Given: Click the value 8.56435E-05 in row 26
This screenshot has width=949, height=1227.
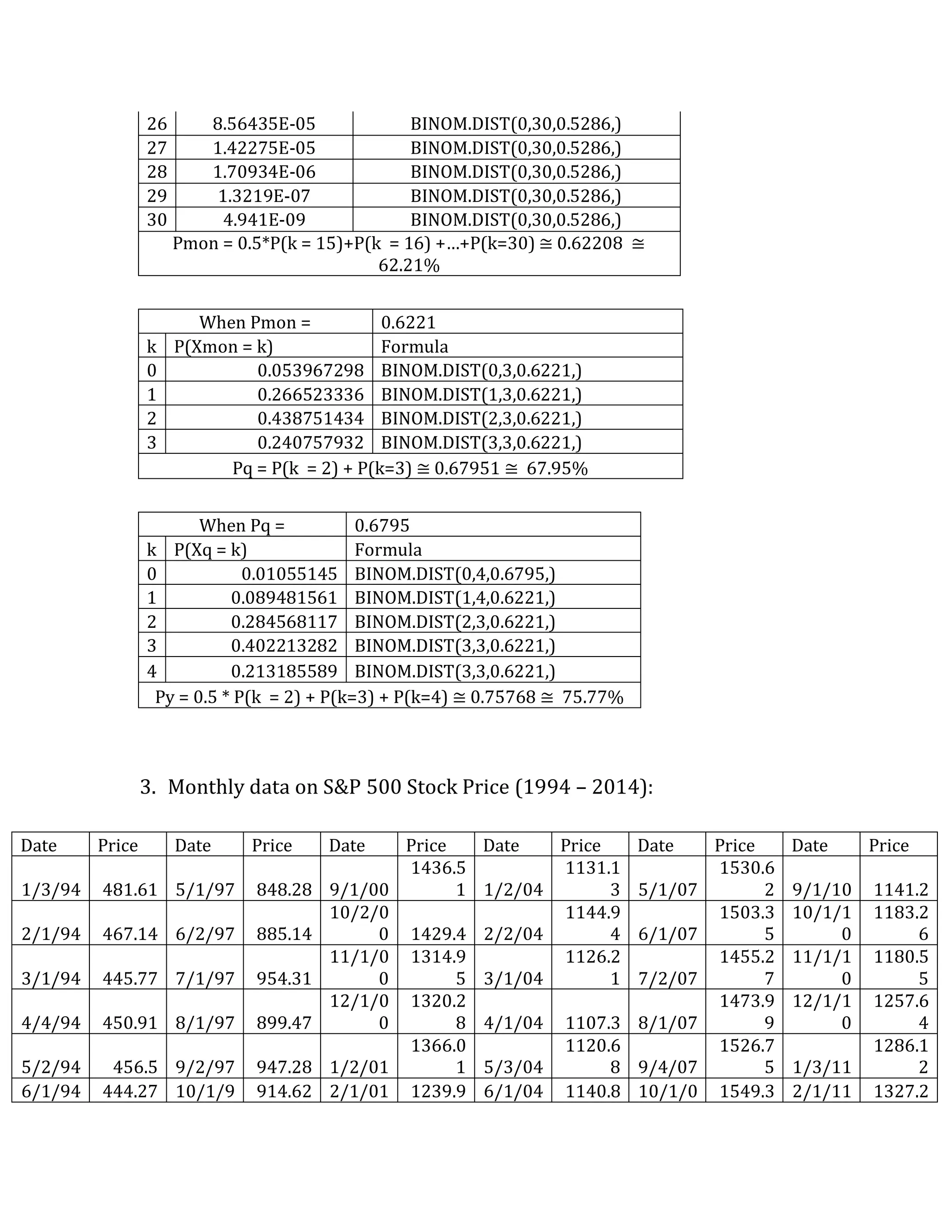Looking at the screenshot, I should (264, 124).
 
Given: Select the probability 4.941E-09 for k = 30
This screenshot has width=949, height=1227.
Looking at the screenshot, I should (264, 219).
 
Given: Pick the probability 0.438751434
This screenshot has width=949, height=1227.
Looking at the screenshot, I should (310, 419).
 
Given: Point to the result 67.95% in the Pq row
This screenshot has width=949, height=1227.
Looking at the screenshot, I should (557, 468).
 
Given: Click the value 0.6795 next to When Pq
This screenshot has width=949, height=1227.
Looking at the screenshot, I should (382, 526).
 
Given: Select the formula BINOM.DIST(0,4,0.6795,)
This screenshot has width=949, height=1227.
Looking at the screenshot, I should (454, 574).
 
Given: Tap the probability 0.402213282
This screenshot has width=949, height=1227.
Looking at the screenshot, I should (284, 645).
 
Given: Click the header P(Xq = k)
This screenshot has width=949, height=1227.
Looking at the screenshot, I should (210, 550).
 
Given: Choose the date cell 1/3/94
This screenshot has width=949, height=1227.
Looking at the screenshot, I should (51, 890).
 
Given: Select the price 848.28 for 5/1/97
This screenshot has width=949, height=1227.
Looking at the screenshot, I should (284, 890).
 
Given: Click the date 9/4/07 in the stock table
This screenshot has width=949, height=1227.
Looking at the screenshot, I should (667, 1067).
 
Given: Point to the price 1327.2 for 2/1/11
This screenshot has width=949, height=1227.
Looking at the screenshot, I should (900, 1091).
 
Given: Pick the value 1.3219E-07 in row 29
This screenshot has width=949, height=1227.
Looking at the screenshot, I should (264, 195).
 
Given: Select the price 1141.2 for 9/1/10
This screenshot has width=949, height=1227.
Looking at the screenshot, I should (901, 890).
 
